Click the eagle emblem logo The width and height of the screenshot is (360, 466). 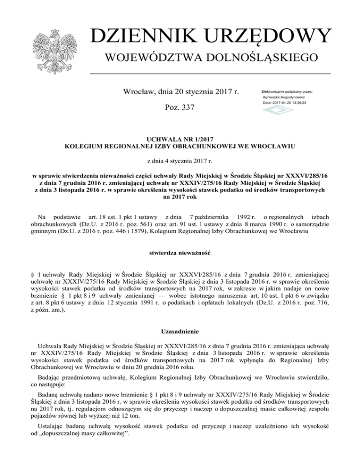55,47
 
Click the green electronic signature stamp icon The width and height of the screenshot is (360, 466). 274,110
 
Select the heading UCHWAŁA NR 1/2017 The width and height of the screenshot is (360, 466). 180,140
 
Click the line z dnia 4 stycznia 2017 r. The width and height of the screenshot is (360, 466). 180,161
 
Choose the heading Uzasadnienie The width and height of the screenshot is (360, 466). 180,331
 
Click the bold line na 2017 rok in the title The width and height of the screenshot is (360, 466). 180,197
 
